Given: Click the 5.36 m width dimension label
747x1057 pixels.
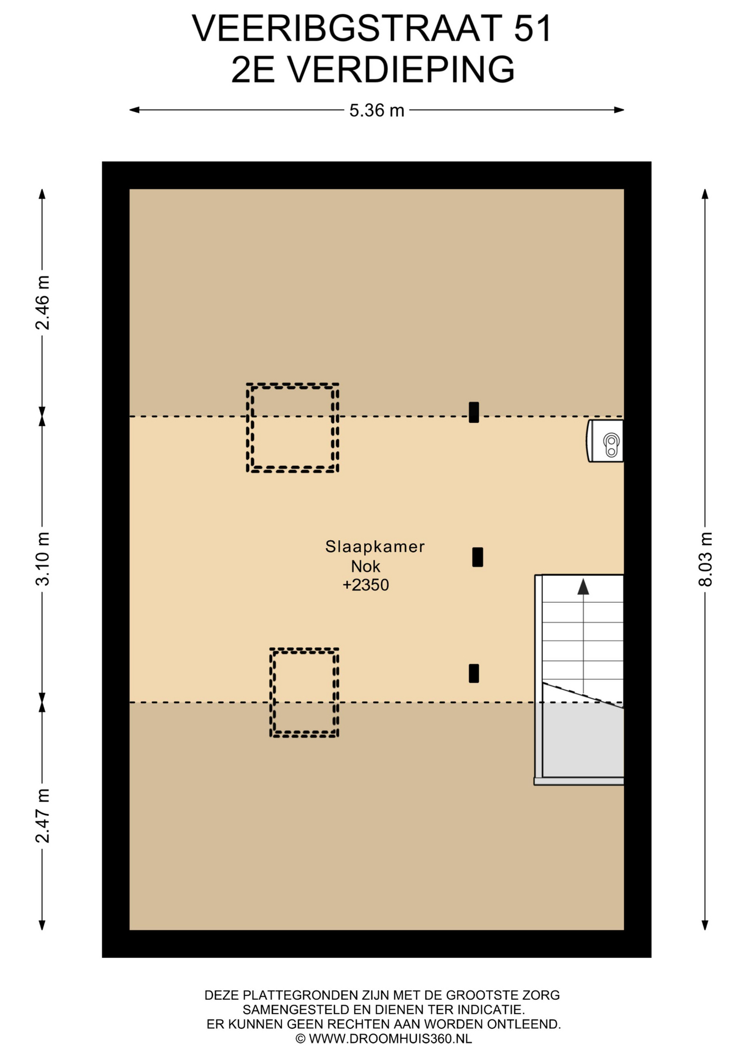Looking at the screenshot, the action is pyautogui.click(x=377, y=111).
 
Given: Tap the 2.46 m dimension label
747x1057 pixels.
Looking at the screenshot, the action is pyautogui.click(x=42, y=303).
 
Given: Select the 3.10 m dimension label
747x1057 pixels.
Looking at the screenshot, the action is pyautogui.click(x=42, y=559).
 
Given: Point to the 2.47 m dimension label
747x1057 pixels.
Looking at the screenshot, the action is pyautogui.click(x=42, y=816).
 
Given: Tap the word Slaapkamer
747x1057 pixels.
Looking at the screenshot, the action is pyautogui.click(x=375, y=547).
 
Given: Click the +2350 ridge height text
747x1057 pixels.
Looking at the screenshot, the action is pyautogui.click(x=366, y=585).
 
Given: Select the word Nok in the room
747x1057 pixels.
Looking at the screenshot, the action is pyautogui.click(x=366, y=566).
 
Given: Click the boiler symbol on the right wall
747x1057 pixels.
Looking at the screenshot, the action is pyautogui.click(x=605, y=441).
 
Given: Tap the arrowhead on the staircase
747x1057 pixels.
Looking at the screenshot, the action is pyautogui.click(x=583, y=587).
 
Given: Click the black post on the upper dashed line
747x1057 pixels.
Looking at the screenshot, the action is pyautogui.click(x=474, y=412).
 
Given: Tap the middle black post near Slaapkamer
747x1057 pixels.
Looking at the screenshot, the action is pyautogui.click(x=477, y=557).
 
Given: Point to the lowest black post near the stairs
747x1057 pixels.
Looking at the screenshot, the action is pyautogui.click(x=474, y=673).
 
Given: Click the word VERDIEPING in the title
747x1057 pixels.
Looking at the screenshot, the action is pyautogui.click(x=402, y=69).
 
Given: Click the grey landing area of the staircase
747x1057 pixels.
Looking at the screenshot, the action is pyautogui.click(x=583, y=740).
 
